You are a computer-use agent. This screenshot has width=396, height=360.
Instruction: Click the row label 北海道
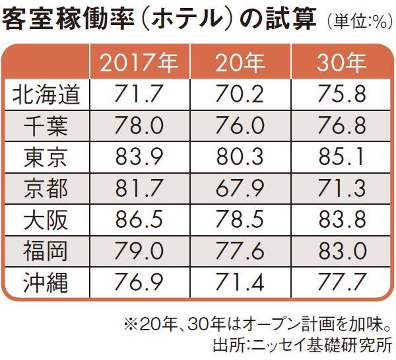click(46, 94)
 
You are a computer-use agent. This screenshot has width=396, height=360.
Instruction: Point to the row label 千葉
click(46, 126)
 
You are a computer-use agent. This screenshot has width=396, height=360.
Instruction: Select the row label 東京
click(46, 157)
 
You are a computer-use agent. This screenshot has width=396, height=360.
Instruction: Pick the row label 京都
click(46, 189)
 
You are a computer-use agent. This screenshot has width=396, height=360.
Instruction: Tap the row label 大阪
click(46, 221)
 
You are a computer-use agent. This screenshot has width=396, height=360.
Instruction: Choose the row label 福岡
click(46, 252)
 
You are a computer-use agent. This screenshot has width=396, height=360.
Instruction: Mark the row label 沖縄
click(46, 284)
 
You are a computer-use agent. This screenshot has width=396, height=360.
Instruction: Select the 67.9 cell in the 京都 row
click(240, 189)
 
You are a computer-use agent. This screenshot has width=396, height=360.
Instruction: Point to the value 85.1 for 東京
click(341, 157)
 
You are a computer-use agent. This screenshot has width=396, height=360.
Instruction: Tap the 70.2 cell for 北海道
click(240, 94)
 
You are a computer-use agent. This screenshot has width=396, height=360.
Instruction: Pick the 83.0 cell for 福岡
click(341, 252)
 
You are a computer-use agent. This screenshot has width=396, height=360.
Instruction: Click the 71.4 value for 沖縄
click(240, 284)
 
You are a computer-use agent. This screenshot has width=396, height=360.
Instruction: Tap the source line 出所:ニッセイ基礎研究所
click(302, 345)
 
